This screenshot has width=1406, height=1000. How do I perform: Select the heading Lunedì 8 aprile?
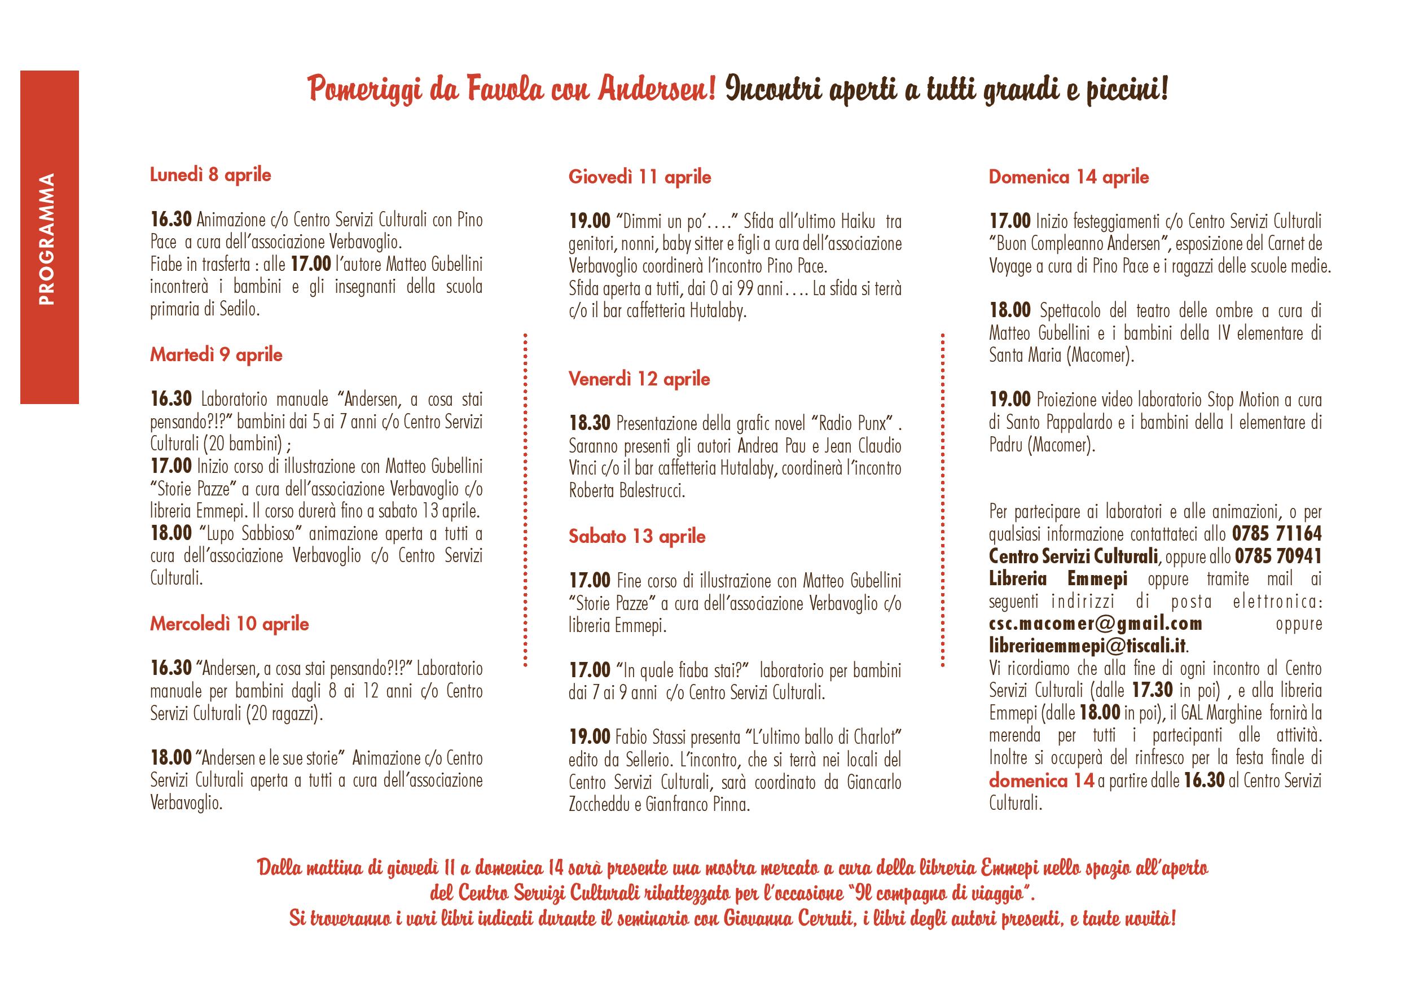pyautogui.click(x=210, y=175)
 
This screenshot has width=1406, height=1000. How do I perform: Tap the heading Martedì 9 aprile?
pyautogui.click(x=216, y=356)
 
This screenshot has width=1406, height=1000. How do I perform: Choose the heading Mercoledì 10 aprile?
pyautogui.click(x=229, y=624)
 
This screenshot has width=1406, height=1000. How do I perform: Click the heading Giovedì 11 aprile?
pyautogui.click(x=640, y=177)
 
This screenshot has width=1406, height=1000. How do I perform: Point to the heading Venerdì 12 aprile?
pyautogui.click(x=639, y=379)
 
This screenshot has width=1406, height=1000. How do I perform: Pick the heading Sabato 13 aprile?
pyautogui.click(x=636, y=536)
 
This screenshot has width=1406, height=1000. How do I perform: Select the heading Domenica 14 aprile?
pyautogui.click(x=1069, y=177)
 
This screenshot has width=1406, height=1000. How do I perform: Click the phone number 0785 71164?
pyautogui.click(x=1277, y=533)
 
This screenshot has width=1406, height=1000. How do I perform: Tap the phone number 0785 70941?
pyautogui.click(x=1277, y=556)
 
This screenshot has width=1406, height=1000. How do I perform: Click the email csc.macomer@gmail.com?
pyautogui.click(x=1095, y=623)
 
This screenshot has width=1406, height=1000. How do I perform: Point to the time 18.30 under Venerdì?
pyautogui.click(x=590, y=423)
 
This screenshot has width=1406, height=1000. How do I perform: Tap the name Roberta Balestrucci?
pyautogui.click(x=627, y=492)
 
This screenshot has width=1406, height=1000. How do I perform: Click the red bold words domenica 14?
pyautogui.click(x=1041, y=781)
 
